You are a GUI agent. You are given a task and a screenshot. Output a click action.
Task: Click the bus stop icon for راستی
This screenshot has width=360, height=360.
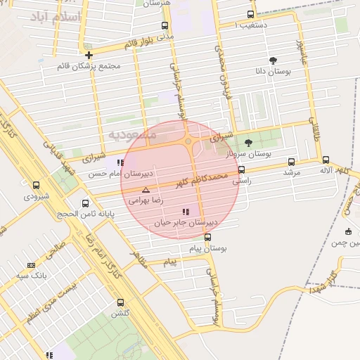pos(242,169)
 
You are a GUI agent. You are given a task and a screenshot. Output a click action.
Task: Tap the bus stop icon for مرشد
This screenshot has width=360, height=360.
pos(291,162)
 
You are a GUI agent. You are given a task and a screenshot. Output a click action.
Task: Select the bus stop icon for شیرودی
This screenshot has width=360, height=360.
pos(37,186)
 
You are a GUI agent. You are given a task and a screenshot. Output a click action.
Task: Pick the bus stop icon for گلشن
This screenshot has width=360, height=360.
pos(121,303)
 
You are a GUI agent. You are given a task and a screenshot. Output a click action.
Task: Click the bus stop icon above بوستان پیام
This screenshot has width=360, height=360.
pos(207,237)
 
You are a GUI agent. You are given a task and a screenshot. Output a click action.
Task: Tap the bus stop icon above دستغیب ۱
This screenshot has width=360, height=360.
pos(251,14)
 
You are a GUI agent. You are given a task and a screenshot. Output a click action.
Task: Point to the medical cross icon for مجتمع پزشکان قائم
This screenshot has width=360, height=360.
pos(89,55)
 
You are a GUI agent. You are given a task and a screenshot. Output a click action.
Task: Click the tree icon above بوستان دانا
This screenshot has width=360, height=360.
pos(273,60)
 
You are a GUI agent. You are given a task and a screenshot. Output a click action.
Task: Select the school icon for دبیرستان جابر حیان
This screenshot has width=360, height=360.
pos(186,212)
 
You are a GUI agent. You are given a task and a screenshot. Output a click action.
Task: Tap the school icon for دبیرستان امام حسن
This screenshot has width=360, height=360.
pos(121,162)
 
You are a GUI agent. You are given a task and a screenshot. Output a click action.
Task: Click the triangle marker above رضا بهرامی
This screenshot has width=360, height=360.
pos(146,191)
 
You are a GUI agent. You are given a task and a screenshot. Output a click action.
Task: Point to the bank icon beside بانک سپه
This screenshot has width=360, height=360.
pos(31,265)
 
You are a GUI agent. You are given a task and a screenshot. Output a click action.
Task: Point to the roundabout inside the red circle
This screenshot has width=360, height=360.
pos(188,142)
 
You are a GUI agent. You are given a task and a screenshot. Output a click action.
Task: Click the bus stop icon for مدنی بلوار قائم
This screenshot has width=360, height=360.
pos(165,25)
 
